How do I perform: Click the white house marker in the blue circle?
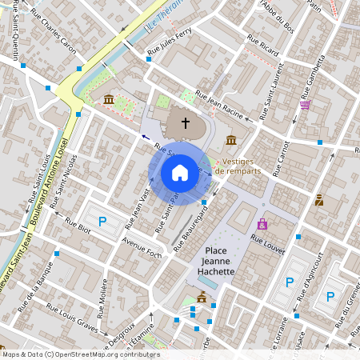180,172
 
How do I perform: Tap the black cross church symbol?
186,123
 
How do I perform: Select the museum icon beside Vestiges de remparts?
231,141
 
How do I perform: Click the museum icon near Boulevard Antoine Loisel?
108,98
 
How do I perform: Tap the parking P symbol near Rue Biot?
102,222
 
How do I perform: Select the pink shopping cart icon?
304,104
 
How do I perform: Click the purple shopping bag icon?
262,225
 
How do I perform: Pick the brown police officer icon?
319,200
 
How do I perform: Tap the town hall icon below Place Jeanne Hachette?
201,298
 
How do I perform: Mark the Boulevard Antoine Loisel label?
46,184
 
